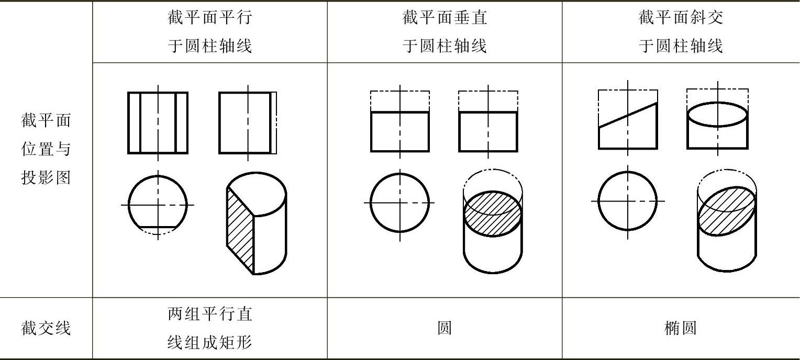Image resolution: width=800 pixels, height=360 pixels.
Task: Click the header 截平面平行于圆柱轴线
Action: [209, 32]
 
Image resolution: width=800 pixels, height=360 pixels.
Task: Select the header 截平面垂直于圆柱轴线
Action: [445, 32]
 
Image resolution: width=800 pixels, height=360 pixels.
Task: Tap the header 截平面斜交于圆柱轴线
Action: [681, 32]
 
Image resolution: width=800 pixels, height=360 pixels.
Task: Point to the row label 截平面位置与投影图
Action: [46, 150]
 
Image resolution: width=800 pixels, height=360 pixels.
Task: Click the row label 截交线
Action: [46, 328]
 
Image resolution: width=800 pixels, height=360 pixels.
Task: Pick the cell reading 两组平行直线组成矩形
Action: [209, 328]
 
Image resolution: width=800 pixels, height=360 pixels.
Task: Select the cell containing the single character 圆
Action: [445, 328]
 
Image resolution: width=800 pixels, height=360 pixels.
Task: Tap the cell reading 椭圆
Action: [681, 328]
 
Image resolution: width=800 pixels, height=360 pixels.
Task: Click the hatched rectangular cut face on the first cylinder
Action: [240, 230]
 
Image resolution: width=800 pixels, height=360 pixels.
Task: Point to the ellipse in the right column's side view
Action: [717, 114]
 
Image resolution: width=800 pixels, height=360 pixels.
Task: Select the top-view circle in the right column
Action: [628, 201]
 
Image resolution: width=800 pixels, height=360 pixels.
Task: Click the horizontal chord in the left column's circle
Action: [158, 228]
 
